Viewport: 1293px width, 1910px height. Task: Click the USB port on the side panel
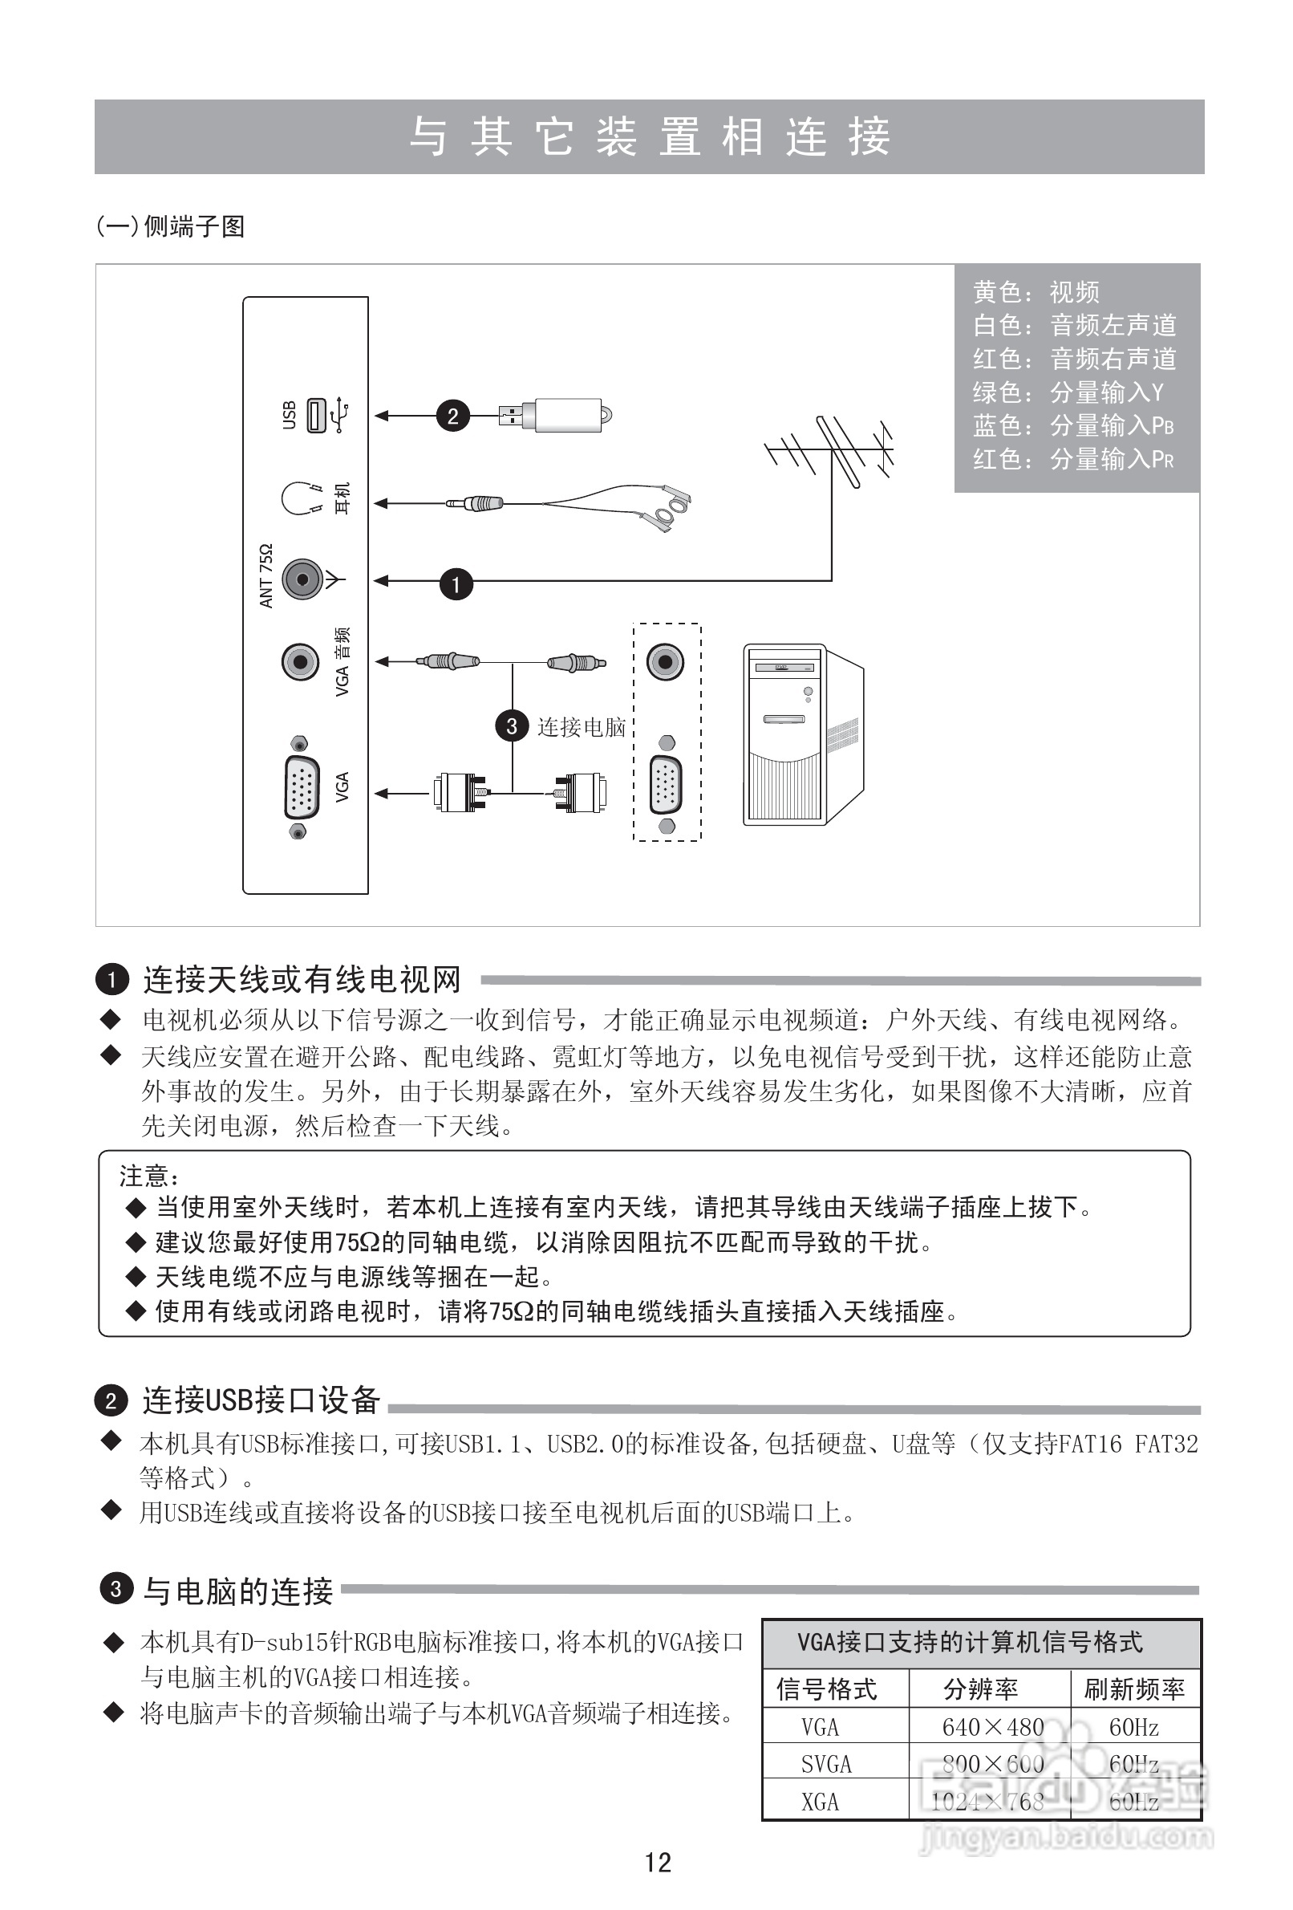point(316,415)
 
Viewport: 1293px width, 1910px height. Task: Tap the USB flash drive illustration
point(563,415)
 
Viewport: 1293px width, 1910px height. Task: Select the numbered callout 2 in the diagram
point(452,416)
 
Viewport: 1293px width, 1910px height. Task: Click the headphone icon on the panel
point(300,498)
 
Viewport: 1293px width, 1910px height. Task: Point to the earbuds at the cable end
point(670,507)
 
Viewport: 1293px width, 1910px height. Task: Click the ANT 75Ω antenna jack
point(302,580)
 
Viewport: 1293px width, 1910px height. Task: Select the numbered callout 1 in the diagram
point(456,584)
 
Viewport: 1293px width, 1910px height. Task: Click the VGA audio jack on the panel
point(301,661)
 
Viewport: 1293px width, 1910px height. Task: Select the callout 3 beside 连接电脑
point(512,725)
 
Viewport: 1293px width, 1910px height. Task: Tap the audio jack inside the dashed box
point(665,661)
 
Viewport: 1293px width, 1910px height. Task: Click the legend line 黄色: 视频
point(1036,292)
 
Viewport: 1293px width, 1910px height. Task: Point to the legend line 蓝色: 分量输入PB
point(1073,425)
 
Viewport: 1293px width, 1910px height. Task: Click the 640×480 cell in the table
point(992,1728)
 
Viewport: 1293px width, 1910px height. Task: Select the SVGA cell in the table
point(826,1765)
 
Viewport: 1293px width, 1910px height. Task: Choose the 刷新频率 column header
point(1134,1690)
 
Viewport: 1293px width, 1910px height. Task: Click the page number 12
point(658,1863)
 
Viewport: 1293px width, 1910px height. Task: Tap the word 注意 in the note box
point(144,1176)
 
